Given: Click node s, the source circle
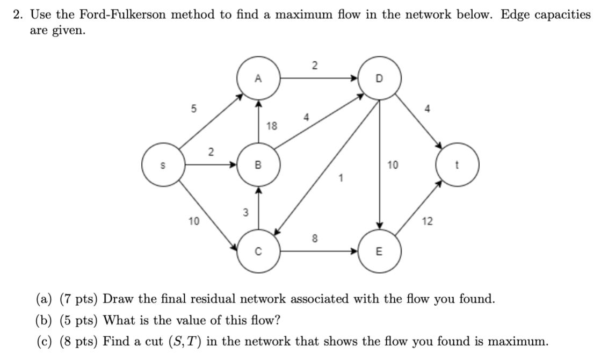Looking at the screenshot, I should [163, 165].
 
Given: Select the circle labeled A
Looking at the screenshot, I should [258, 78].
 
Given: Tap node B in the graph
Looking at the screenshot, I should [258, 165].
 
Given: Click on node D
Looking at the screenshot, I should [379, 78].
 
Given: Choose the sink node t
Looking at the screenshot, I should [458, 165].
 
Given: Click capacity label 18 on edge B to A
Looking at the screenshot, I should [272, 126].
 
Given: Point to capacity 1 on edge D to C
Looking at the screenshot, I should [339, 178].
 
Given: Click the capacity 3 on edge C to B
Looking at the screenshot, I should [246, 213].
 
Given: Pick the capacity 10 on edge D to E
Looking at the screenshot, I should [393, 165].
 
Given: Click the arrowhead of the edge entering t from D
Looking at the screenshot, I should [439, 146].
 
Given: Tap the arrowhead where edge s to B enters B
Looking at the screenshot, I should [235, 165].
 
